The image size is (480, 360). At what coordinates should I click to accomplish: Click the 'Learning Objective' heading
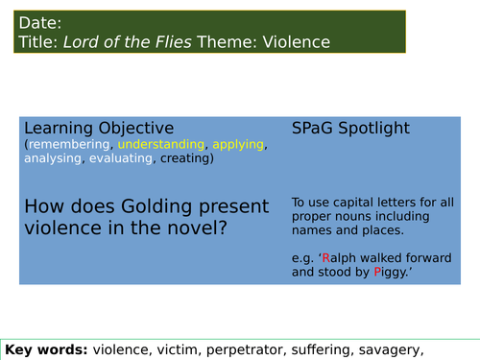99,127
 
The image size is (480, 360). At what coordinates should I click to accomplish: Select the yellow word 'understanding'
164,144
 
